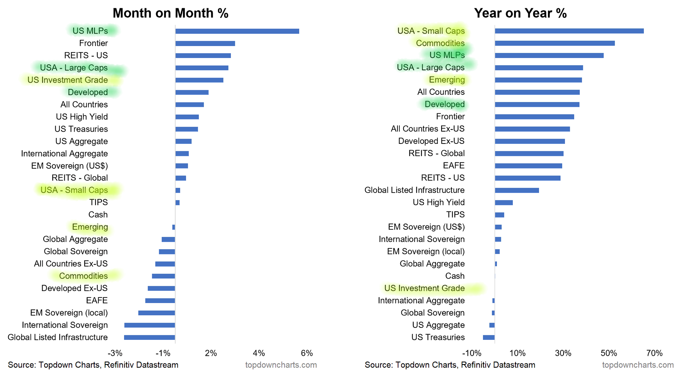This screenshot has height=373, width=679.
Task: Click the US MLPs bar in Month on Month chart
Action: tap(237, 31)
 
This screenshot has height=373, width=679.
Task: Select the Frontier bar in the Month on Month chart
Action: tap(205, 43)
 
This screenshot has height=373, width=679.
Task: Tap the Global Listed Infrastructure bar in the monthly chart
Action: tap(149, 338)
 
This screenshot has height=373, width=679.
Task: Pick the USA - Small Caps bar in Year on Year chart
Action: tap(569, 31)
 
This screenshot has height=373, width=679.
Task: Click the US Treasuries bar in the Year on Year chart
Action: tap(489, 338)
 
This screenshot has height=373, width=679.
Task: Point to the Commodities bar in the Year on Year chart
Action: tap(555, 43)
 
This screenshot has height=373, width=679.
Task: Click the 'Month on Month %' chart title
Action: tap(170, 13)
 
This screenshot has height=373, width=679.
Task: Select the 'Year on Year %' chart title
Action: tap(520, 13)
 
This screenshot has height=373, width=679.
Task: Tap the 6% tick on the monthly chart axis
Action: tap(307, 353)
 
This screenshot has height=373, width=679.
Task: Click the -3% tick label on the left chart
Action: tap(115, 353)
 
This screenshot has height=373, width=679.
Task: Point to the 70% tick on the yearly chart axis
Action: tap(654, 353)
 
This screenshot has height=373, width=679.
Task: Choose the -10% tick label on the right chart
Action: tap(471, 353)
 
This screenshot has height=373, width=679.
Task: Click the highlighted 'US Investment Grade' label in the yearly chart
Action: tap(424, 288)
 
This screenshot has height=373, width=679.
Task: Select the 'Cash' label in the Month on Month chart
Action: tap(98, 215)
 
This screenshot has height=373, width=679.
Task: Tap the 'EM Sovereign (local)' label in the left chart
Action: tap(69, 313)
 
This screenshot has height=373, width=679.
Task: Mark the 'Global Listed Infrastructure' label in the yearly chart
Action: tap(414, 190)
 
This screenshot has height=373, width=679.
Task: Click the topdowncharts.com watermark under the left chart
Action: tap(281, 365)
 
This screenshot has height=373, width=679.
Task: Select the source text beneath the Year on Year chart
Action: tap(450, 365)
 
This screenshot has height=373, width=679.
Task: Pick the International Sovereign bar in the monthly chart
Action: tap(150, 325)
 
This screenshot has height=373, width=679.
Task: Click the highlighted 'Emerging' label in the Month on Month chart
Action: tap(90, 227)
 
